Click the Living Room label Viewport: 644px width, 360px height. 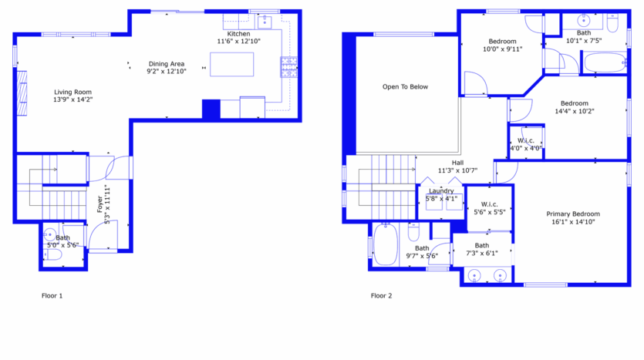coord(72,96)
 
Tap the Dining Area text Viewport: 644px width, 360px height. coord(166,68)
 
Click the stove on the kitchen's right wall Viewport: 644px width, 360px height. coord(289,67)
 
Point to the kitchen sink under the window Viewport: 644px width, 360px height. coord(264,20)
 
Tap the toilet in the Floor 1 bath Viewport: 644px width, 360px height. coord(51,254)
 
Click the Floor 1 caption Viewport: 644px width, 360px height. coord(52,295)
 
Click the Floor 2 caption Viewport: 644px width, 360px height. coord(381,295)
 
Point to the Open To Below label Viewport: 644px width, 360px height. coord(405,87)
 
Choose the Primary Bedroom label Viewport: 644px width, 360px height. coord(573,217)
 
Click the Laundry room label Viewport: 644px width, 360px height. coord(441,194)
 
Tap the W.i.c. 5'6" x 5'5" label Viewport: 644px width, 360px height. coord(489,208)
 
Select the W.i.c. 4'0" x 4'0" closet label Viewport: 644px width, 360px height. coord(526,144)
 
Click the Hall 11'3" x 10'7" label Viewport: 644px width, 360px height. coord(457,167)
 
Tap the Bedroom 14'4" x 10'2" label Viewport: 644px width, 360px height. coord(574,107)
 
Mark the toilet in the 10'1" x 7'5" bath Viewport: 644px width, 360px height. coord(613,25)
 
